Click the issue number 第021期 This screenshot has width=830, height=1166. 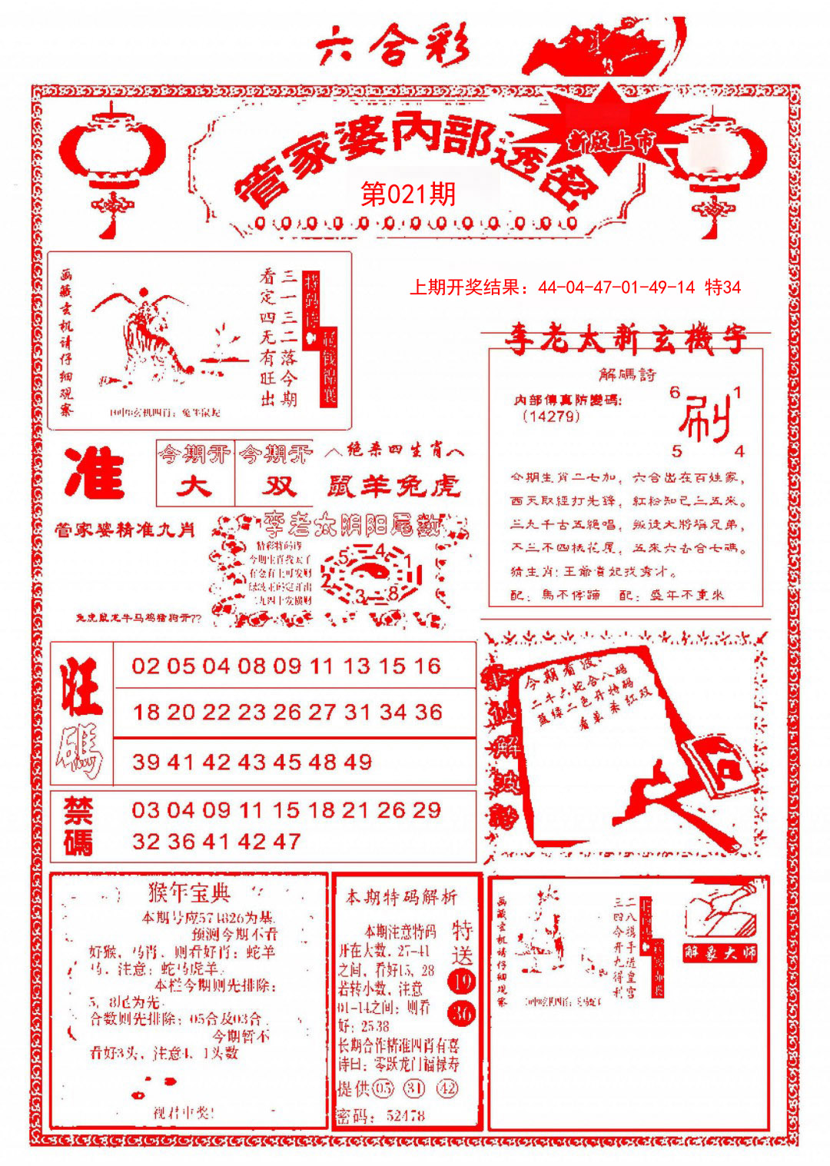tap(408, 194)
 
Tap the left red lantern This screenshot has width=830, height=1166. tap(112, 158)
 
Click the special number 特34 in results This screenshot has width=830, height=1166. tap(722, 287)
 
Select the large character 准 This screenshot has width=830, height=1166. tap(95, 473)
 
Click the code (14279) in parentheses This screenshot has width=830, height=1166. tap(550, 417)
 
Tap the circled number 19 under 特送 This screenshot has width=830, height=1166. tap(462, 981)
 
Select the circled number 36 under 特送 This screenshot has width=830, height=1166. tap(462, 1014)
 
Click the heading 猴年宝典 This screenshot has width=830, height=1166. tap(189, 893)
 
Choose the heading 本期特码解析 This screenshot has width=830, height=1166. tap(401, 896)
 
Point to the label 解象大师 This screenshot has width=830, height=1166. tap(720, 953)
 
